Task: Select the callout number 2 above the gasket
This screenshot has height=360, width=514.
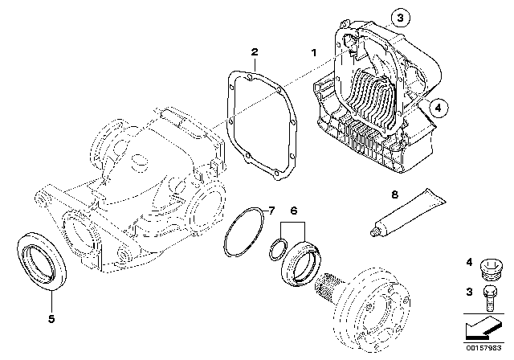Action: coord(254,53)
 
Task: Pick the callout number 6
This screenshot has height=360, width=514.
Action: coord(294,211)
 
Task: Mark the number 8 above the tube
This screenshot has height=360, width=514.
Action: coord(416,194)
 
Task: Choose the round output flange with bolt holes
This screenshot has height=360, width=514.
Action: coord(373,309)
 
